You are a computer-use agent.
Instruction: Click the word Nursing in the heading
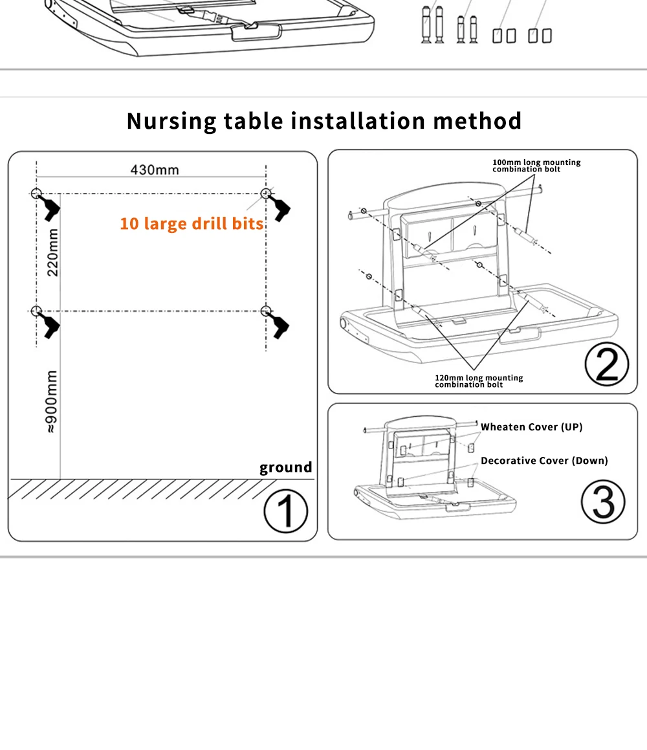click(171, 121)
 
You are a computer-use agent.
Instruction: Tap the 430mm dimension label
click(155, 170)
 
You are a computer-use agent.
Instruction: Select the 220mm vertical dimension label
click(52, 252)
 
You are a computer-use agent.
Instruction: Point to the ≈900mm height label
click(52, 401)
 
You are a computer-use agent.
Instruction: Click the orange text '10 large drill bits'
click(192, 224)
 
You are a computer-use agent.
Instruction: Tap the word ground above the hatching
click(285, 467)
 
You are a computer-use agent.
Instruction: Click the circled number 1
click(286, 511)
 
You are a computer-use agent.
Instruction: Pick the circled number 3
click(602, 501)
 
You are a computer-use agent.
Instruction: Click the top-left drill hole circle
click(36, 193)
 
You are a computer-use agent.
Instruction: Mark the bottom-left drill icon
click(50, 324)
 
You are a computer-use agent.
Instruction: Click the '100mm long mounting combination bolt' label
click(536, 166)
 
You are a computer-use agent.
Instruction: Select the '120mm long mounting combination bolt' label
click(479, 381)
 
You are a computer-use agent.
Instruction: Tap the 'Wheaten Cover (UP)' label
click(531, 427)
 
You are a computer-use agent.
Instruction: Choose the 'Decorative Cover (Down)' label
click(544, 461)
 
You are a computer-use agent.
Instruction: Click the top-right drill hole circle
click(265, 193)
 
